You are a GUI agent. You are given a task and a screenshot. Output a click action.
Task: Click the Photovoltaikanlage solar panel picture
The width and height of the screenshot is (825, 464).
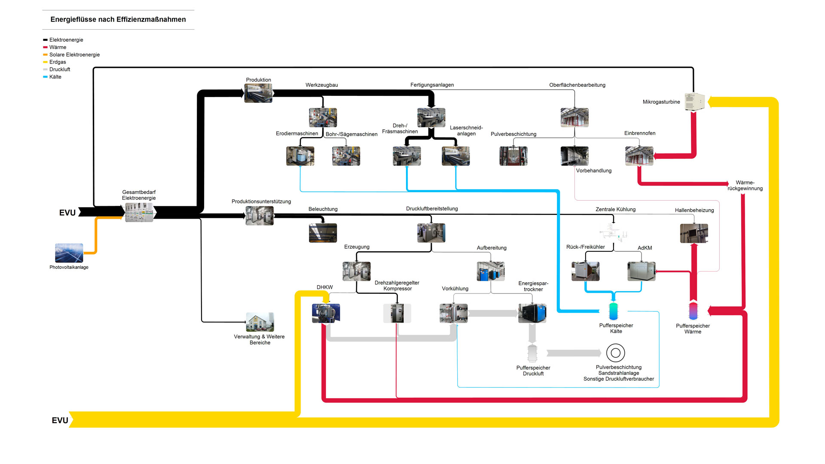point(69,253)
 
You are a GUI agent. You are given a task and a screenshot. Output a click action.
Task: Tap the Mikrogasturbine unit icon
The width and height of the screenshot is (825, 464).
point(694,102)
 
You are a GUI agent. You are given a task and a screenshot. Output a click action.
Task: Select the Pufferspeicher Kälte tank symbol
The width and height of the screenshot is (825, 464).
point(613,311)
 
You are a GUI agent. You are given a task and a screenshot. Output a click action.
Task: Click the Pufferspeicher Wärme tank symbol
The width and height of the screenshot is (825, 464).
point(693,311)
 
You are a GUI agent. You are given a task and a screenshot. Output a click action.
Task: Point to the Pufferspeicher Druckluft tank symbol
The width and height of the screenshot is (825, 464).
point(532,353)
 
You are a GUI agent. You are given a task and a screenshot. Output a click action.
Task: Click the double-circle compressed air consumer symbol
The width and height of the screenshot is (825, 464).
point(615,353)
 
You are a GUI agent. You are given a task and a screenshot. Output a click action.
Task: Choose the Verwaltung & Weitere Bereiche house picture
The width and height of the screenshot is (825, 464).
point(260,322)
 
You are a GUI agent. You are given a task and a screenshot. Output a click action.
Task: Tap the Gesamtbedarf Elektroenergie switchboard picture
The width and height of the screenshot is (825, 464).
point(139,212)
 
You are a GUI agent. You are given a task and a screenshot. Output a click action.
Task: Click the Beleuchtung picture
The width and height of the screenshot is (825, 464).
point(323,233)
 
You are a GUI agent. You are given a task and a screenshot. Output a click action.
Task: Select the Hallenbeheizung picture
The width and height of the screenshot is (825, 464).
point(694,233)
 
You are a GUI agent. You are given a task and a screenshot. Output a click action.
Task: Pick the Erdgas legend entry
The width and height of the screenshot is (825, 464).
point(58,62)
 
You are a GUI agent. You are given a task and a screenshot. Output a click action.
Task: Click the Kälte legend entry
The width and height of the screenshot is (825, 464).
point(55,77)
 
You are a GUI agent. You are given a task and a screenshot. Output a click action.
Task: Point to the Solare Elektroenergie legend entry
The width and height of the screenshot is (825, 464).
point(74,55)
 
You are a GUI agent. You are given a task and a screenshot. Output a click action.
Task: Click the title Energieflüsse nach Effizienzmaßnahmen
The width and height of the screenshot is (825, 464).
point(118,19)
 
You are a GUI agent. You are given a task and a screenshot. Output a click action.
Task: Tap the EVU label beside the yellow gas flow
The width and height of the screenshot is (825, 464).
point(60,420)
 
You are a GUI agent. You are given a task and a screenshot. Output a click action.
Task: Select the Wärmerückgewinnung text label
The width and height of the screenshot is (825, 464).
point(745,186)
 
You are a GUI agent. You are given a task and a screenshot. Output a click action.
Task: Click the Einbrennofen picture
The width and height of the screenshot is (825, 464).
point(639,156)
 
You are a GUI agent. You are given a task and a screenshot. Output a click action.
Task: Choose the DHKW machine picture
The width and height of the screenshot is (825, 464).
point(326,313)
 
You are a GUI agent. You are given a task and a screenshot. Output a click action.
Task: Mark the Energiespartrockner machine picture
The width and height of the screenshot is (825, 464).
point(532,313)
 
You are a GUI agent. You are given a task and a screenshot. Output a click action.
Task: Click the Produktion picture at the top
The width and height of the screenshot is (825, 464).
point(258,93)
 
